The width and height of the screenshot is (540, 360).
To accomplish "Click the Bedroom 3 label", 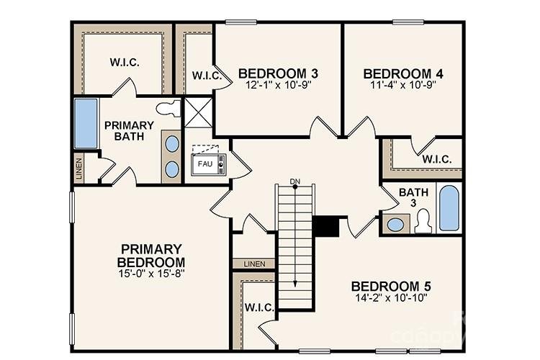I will point(278,73).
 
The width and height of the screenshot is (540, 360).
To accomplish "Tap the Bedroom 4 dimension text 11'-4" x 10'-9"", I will point(402,84).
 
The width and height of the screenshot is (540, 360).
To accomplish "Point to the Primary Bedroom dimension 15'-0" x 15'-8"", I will point(152,273).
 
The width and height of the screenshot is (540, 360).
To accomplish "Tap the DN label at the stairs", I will point(294,180).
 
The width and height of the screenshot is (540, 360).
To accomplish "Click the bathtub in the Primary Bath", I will point(86,124).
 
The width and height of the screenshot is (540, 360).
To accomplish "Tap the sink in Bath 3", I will point(395,224).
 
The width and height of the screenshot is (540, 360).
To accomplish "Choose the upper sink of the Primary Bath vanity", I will point(173,143).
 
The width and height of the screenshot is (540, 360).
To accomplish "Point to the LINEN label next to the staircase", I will point(254,264).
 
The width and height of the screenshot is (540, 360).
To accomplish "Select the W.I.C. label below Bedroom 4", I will point(437,159).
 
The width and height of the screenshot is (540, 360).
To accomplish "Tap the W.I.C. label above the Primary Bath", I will point(125,62).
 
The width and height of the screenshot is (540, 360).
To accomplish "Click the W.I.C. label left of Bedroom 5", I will point(258,307).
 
